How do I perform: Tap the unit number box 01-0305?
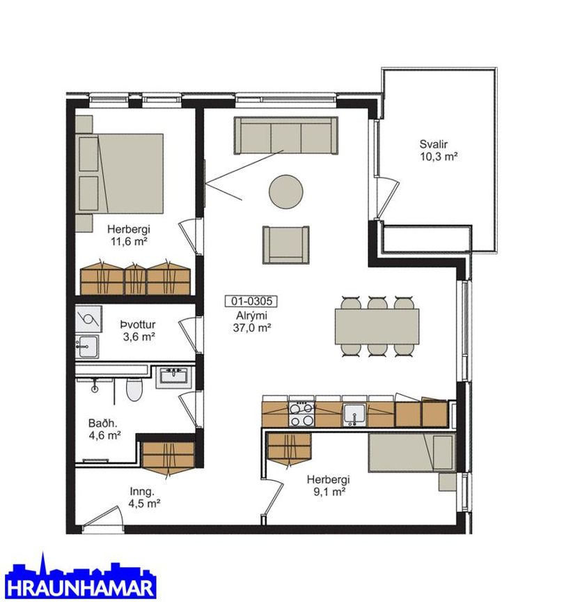251,301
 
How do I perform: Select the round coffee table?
285,192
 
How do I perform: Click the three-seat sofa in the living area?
285,136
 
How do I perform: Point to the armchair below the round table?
285,245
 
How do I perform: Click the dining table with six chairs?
377,326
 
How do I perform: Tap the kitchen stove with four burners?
301,414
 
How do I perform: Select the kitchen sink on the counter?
354,415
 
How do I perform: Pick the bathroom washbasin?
173,377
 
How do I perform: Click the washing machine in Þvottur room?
88,319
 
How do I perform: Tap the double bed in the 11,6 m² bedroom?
119,173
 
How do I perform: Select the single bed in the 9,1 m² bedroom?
412,453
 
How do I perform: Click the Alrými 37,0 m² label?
252,322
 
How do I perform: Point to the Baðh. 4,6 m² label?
104,430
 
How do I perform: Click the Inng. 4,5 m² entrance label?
144,497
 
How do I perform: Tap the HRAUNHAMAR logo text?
81,589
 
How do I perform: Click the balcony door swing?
387,196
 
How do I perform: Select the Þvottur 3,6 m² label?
139,330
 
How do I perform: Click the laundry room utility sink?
87,346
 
